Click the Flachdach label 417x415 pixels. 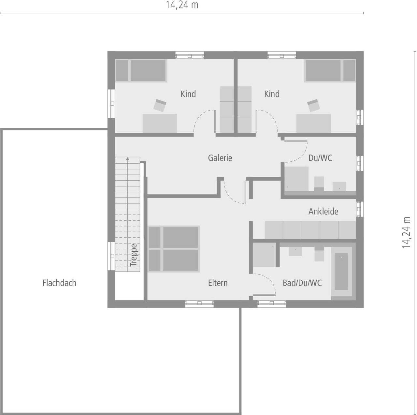[x=59, y=283]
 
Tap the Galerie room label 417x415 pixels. [x=220, y=158]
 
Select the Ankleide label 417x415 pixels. [x=323, y=211]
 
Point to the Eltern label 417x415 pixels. [x=218, y=283]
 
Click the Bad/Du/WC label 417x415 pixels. [x=302, y=283]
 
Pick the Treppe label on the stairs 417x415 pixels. [x=134, y=255]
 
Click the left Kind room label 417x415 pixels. [x=188, y=94]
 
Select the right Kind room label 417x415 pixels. [x=272, y=94]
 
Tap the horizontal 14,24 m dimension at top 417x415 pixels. [x=182, y=5]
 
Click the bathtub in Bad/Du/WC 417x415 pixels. [x=341, y=271]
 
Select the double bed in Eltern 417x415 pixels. [x=173, y=249]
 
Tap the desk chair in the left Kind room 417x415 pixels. [x=160, y=105]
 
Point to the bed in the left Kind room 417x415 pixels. [x=141, y=70]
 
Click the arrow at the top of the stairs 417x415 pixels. [x=128, y=159]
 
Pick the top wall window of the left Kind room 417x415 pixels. [x=190, y=55]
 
